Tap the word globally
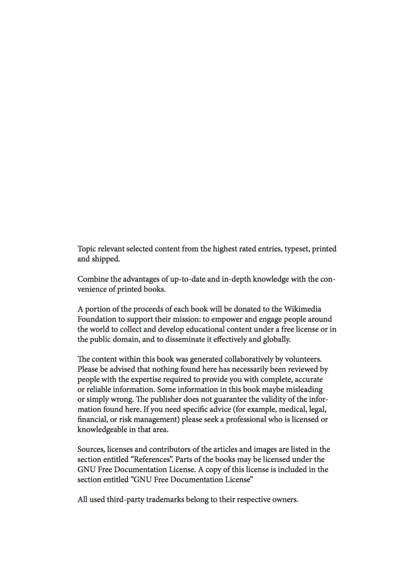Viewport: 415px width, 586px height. tap(277, 339)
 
